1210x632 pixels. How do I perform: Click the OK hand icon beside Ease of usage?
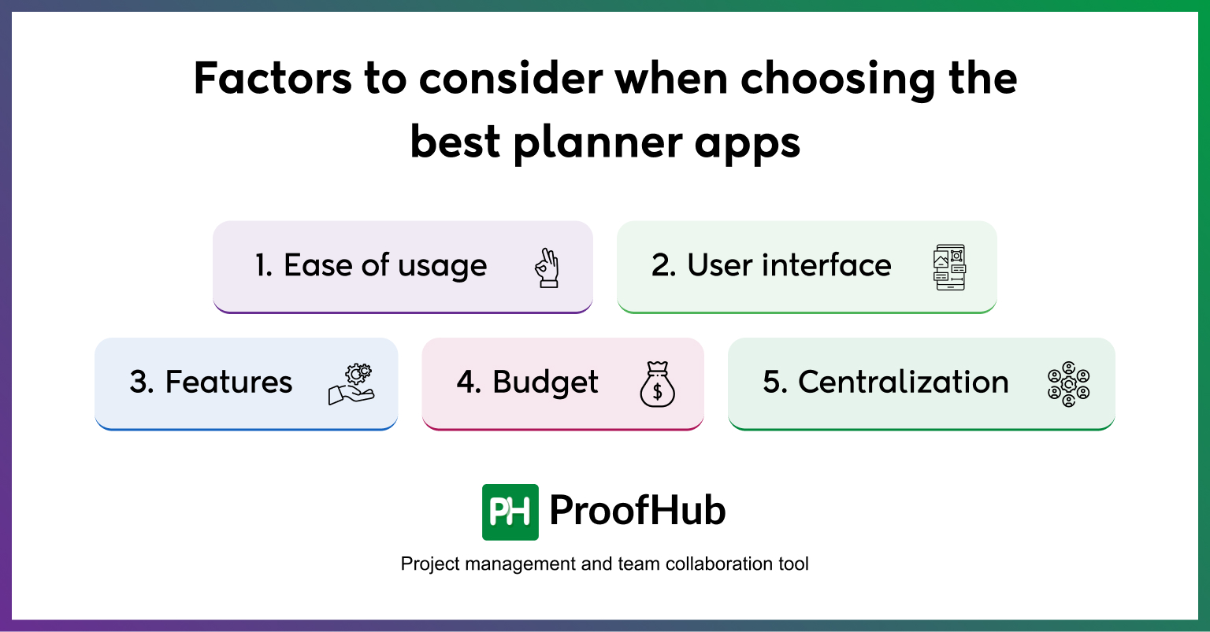547,268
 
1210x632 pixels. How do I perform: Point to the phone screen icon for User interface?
949,268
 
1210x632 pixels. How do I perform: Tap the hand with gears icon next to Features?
351,383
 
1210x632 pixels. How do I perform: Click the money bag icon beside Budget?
657,383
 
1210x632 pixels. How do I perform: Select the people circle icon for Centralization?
1068,383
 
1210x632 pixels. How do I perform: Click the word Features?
228,383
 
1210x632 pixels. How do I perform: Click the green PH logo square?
510,512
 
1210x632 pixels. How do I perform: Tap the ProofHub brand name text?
637,512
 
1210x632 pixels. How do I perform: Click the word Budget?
545,383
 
